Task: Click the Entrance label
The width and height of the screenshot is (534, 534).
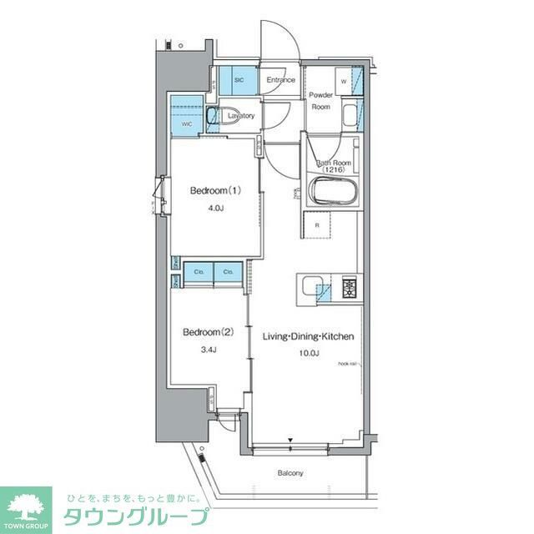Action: [x=281, y=80]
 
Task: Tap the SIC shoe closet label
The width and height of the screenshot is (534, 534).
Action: [x=239, y=80]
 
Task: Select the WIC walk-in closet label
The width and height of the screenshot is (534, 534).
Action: [x=186, y=124]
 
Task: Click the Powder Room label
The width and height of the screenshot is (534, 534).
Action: [x=321, y=101]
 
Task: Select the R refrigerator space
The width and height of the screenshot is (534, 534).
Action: [x=317, y=224]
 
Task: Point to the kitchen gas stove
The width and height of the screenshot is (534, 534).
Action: [x=347, y=289]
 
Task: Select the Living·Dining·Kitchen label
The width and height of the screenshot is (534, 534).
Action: [x=309, y=336]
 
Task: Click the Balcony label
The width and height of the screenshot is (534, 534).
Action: [x=290, y=473]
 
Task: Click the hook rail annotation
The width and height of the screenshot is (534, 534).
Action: [x=347, y=365]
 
